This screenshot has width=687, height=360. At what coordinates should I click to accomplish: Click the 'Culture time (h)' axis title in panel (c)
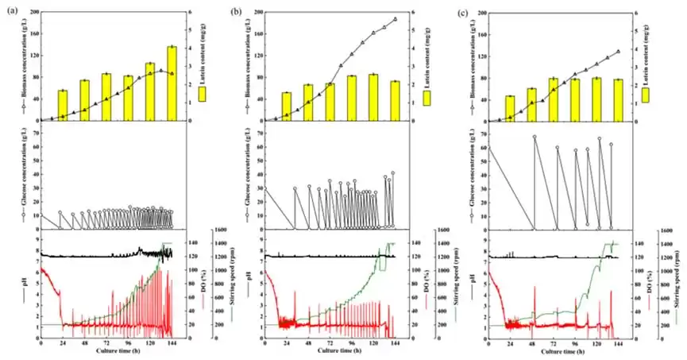(x=565, y=350)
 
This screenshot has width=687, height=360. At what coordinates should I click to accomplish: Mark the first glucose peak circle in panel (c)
(x=535, y=137)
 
